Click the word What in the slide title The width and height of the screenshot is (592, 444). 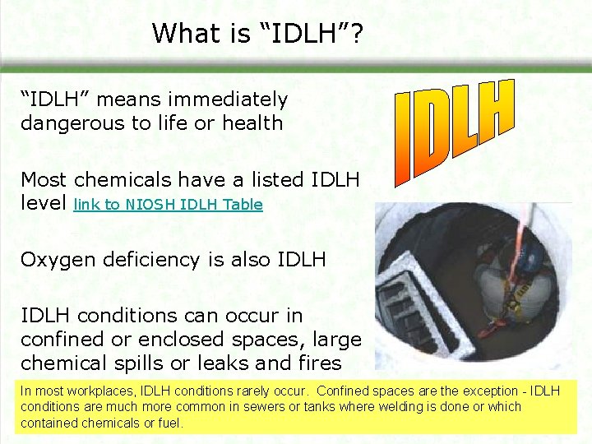click(179, 33)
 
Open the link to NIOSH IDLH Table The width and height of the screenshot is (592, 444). click(168, 204)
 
